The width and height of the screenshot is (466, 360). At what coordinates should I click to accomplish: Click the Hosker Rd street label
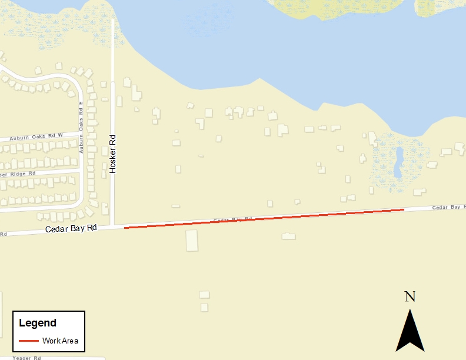coord(113,154)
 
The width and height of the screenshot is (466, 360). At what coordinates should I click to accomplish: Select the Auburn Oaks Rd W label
coord(35,137)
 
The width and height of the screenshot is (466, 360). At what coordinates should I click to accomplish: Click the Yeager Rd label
coord(26,357)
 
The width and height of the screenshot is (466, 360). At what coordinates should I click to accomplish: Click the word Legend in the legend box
coord(38,323)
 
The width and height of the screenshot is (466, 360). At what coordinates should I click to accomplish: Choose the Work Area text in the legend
coord(59,341)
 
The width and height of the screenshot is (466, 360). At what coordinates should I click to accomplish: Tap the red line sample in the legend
coord(29,341)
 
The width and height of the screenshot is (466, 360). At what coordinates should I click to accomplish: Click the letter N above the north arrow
coord(410,296)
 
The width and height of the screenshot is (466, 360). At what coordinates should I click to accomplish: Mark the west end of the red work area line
coord(125,228)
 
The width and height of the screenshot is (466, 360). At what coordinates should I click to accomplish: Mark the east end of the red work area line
coord(404,209)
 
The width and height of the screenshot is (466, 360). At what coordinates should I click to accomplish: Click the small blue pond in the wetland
coord(398,162)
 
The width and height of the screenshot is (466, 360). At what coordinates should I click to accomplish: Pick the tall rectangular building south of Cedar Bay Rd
coord(192,240)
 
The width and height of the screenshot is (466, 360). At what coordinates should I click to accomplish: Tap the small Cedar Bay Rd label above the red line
coord(228,220)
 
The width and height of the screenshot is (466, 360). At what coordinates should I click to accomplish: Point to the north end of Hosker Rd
coord(112,21)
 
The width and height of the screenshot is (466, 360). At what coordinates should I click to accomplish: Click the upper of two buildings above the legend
coord(204,294)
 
